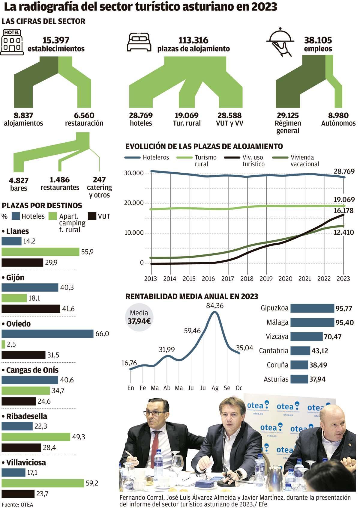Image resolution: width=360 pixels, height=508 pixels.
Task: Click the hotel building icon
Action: (x=12, y=42)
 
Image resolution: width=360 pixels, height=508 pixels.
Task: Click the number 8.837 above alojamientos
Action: (x=23, y=115)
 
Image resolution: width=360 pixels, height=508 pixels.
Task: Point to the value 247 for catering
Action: (x=99, y=180)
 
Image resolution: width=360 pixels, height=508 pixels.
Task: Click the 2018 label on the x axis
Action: (x=247, y=279)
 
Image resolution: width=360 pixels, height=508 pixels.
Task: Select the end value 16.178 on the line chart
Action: (x=343, y=210)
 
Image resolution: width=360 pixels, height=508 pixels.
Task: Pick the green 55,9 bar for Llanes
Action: (x=40, y=252)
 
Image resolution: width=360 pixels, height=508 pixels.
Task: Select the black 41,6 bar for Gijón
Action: (x=31, y=309)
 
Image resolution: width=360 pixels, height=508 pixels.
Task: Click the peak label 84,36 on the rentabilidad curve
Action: (x=215, y=306)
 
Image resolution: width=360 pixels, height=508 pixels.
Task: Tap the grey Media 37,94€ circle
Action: (x=139, y=317)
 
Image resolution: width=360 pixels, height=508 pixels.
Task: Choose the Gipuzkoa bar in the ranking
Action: (x=312, y=308)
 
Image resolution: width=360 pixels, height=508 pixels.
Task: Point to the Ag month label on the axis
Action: (x=215, y=388)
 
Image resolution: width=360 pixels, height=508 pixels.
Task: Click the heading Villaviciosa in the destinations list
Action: (x=26, y=462)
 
